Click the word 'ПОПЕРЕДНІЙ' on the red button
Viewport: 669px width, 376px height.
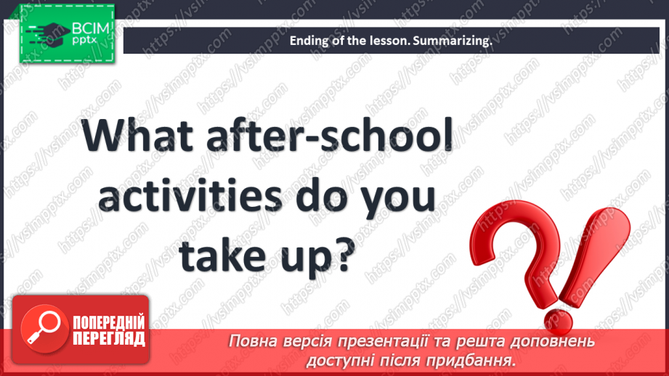(108, 321)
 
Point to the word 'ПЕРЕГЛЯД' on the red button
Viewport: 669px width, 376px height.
(108, 338)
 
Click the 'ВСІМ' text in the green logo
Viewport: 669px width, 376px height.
(90, 29)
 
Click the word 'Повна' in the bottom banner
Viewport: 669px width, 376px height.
(252, 341)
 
